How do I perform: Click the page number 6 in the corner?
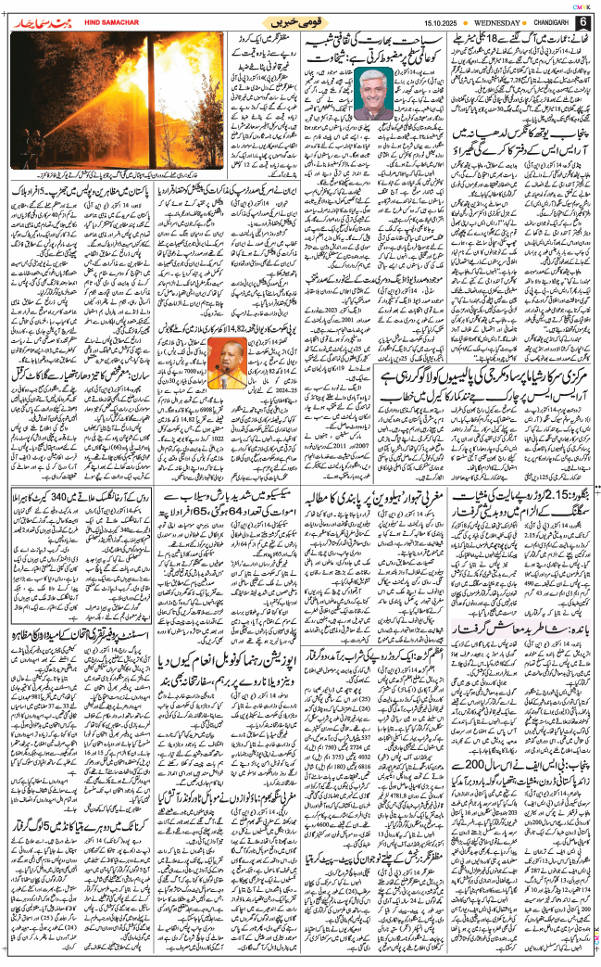tap(583, 21)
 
